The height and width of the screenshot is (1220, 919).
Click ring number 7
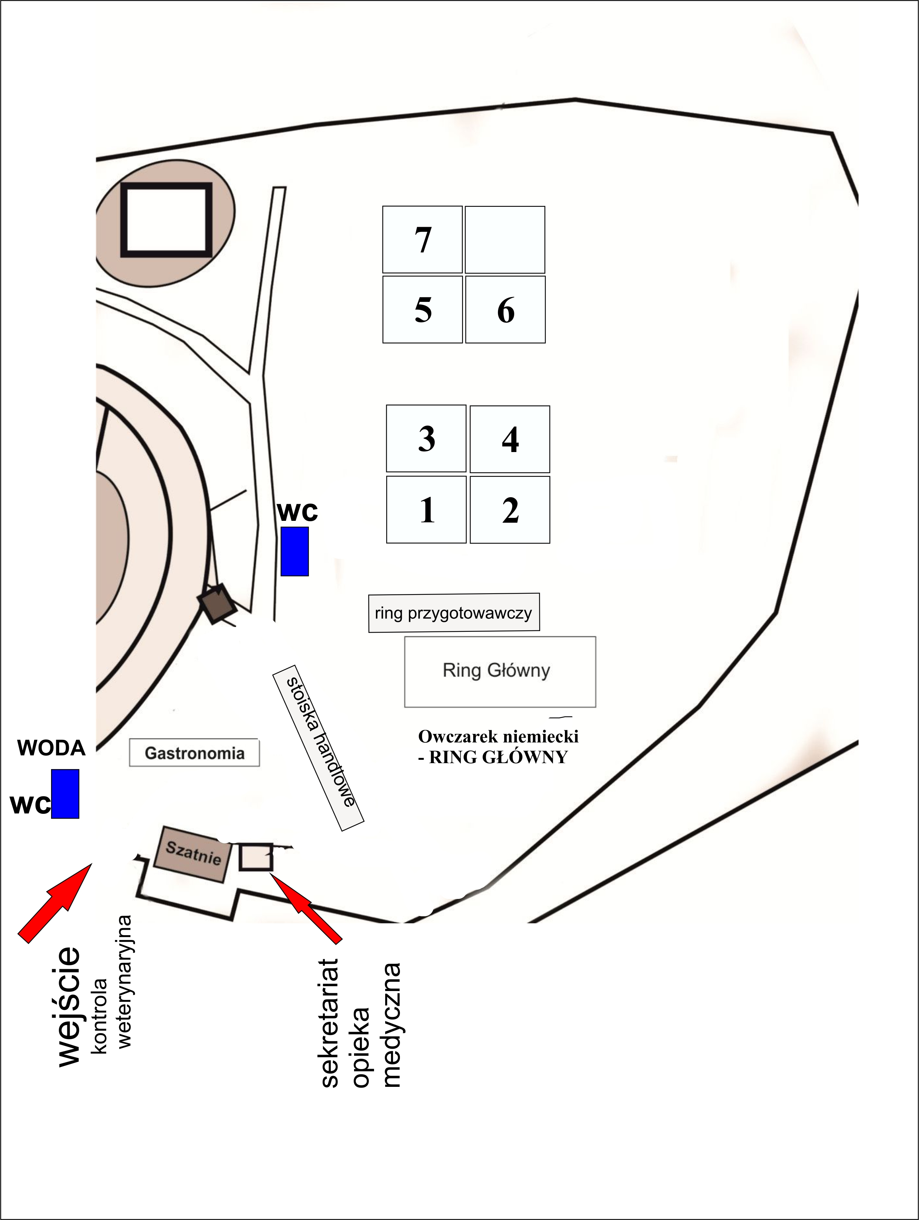point(422,239)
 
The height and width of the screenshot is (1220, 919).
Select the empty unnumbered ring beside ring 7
point(505,239)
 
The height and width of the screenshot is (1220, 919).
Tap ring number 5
point(423,309)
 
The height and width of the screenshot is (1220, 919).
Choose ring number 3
point(426,438)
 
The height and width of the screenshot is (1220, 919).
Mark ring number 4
point(510,439)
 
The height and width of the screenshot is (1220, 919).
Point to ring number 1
point(426,510)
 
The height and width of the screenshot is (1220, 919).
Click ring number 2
point(510,510)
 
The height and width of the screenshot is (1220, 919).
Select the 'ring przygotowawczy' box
point(454,613)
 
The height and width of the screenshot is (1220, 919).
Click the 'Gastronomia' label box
point(194,753)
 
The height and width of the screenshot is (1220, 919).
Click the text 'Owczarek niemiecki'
point(498,736)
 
